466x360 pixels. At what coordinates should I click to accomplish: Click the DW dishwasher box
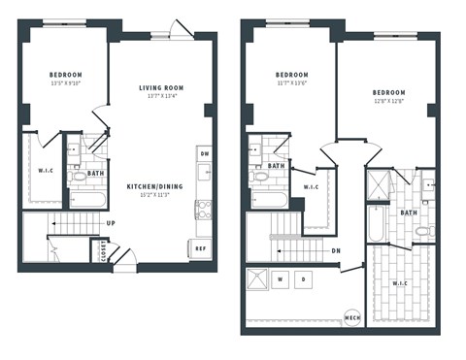pyautogui.click(x=204, y=153)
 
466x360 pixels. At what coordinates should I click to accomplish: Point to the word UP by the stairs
pyautogui.click(x=113, y=222)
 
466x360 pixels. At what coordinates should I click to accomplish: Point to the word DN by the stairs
pyautogui.click(x=335, y=250)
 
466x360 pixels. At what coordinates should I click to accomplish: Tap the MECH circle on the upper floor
pyautogui.click(x=353, y=316)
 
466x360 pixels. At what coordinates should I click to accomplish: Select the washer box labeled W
pyautogui.click(x=280, y=279)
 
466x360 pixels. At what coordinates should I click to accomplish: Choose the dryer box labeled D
pyautogui.click(x=305, y=279)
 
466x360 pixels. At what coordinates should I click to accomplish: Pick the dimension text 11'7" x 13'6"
pyautogui.click(x=291, y=84)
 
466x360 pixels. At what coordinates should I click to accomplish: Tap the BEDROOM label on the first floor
pyautogui.click(x=66, y=75)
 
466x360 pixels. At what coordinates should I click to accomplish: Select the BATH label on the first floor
pyautogui.click(x=95, y=175)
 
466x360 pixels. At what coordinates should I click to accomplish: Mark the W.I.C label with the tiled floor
pyautogui.click(x=400, y=283)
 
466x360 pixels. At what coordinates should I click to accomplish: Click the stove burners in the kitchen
pyautogui.click(x=204, y=209)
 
